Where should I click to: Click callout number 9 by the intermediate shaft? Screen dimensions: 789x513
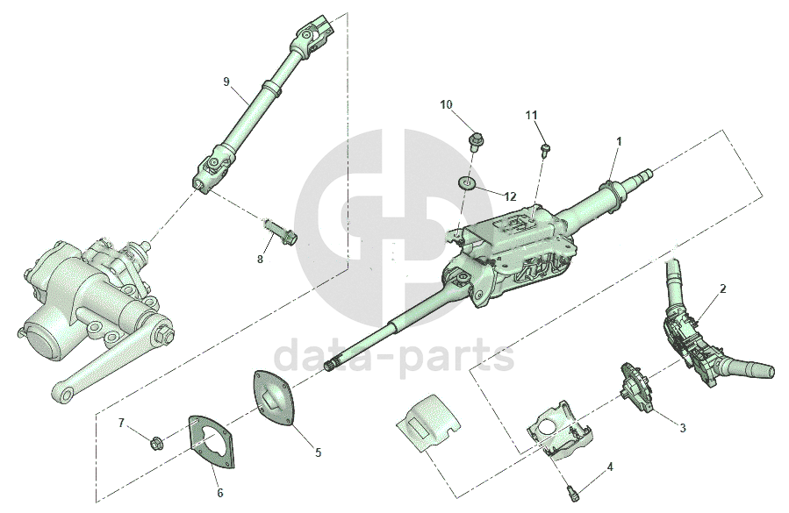pos(226,81)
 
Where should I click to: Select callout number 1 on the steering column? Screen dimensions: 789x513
pos(620,142)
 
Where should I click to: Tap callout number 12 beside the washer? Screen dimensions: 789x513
pos(510,196)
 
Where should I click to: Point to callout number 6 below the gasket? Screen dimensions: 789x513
pos(220,493)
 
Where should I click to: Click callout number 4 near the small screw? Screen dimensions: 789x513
pos(610,467)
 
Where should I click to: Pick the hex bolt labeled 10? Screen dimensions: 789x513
pos(474,141)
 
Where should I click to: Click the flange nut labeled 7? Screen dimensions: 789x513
pos(155,444)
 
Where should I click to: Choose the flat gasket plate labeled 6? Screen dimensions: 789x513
pos(212,441)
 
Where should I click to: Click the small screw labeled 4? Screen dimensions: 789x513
pos(572,492)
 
